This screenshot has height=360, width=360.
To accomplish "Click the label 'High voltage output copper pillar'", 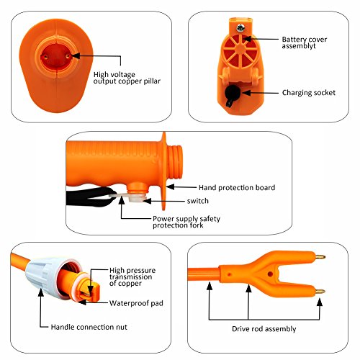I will (x=127, y=78).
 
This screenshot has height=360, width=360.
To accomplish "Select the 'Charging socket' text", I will (x=308, y=92).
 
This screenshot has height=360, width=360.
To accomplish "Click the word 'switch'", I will (x=198, y=201).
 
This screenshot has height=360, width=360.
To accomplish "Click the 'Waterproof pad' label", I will (x=135, y=303).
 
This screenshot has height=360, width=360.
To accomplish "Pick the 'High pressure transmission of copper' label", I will (x=134, y=276).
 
